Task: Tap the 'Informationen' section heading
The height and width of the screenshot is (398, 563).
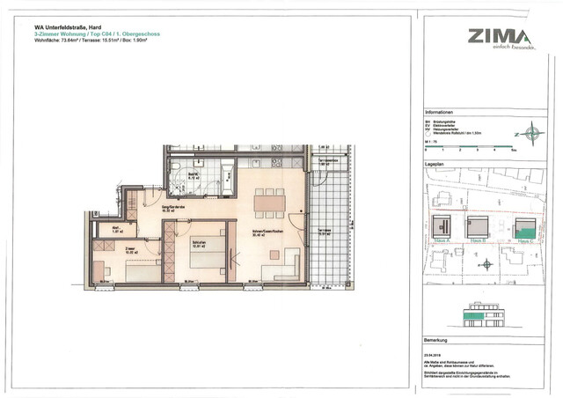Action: click(x=440, y=113)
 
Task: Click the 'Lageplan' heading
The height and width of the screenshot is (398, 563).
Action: click(x=434, y=164)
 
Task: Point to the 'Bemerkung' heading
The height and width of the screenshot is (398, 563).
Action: click(x=436, y=338)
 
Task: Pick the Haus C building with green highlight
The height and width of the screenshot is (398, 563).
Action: click(x=524, y=226)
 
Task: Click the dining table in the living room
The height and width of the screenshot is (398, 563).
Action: click(x=268, y=202)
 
